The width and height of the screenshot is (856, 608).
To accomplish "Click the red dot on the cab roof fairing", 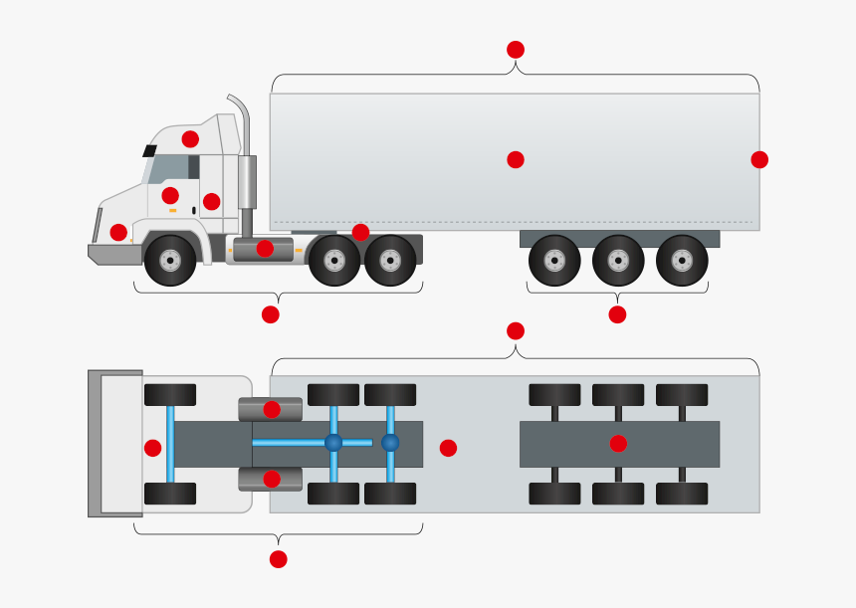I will pos(190,138).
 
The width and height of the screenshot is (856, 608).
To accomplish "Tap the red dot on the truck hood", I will pos(118,232).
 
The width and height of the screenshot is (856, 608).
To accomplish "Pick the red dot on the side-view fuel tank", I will pos(265,248).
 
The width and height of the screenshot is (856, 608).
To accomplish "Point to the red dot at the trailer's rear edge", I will pos(759,159).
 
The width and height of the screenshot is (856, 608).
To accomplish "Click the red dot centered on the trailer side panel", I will pos(515,159).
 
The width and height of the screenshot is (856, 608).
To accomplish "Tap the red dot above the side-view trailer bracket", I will pos(515,49).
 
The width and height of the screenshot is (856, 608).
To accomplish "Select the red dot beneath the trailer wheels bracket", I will pos(617,314).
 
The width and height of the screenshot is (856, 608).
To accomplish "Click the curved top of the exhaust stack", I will pos(237,101).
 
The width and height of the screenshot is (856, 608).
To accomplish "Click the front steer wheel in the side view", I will pos(170,261).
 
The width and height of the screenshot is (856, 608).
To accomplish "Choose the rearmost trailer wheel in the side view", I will pos(682,261).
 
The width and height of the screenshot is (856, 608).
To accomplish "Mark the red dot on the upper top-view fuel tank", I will pos(272,409).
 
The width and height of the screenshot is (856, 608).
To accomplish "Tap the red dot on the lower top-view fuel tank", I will pos(272,479).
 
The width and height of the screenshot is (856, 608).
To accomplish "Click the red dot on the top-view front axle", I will pos(152,448).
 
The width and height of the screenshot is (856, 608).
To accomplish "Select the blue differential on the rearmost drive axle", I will pos(390,442).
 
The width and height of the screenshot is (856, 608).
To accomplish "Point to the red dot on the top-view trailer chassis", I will pos(618,443).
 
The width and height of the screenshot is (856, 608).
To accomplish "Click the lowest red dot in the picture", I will pos(278,559).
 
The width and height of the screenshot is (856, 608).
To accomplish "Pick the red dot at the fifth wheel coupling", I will pos(360,232).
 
